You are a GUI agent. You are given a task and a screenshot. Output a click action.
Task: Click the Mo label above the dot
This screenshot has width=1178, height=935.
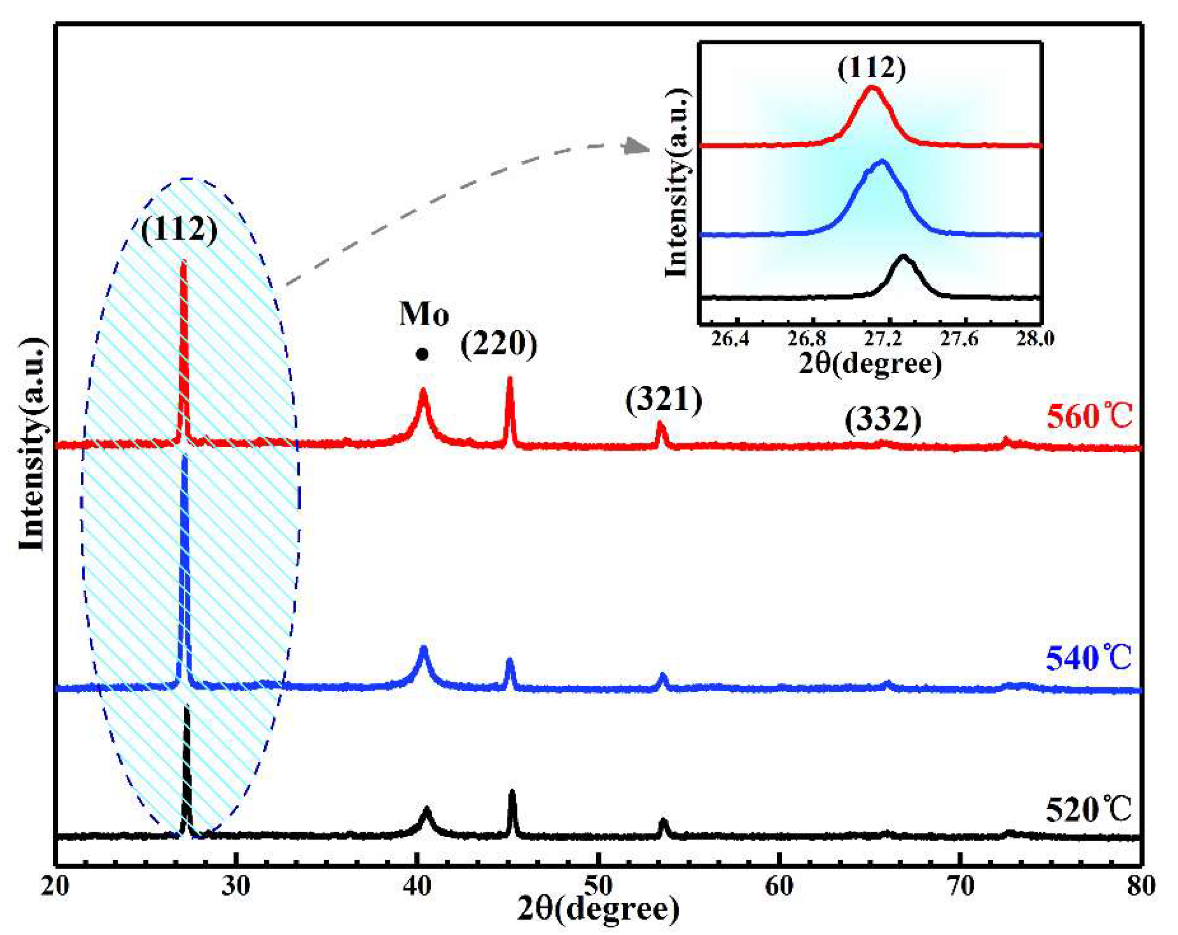(424, 315)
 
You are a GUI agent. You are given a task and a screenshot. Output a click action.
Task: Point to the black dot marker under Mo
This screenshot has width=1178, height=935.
(422, 355)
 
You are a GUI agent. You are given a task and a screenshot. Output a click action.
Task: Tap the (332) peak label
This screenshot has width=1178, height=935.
(883, 420)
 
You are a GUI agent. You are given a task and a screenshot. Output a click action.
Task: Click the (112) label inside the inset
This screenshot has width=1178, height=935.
(872, 68)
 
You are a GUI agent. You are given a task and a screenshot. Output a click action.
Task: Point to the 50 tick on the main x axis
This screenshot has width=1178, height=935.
(598, 886)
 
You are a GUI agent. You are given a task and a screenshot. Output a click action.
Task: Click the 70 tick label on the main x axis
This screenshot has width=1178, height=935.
(960, 886)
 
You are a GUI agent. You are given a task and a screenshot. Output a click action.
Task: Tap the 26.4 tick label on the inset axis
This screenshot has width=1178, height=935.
(733, 340)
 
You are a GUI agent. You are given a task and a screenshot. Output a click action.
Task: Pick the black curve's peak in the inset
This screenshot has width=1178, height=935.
(903, 256)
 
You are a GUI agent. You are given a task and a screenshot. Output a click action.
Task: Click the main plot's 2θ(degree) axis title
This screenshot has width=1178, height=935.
(598, 910)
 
